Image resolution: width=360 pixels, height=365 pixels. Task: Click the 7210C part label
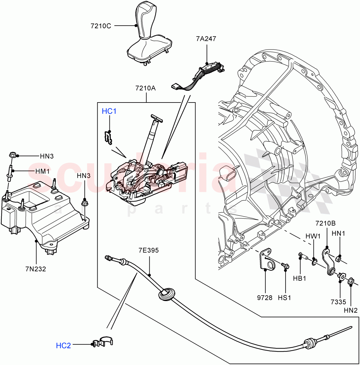click(101, 26)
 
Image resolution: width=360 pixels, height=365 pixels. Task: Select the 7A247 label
click(206, 39)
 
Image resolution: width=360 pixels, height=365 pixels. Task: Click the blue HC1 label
click(109, 112)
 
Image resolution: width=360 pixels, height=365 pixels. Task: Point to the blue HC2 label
click(63, 346)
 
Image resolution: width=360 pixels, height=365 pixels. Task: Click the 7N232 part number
click(36, 269)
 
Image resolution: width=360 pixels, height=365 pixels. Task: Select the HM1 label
click(42, 171)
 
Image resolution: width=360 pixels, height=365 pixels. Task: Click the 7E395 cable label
click(148, 251)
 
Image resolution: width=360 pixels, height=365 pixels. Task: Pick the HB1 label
click(299, 278)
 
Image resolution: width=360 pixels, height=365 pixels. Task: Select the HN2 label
click(351, 311)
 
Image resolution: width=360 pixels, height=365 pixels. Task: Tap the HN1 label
click(338, 234)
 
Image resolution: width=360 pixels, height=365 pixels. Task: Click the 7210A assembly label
click(145, 89)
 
